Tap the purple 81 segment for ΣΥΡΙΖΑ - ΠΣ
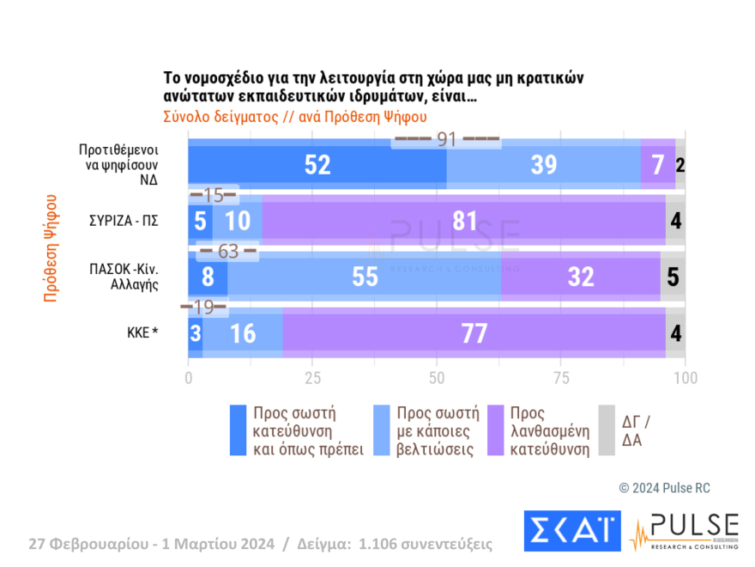464,221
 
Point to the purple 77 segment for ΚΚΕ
474,333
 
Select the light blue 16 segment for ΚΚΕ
243,333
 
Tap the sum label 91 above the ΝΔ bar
446,139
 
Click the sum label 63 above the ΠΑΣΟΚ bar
227,252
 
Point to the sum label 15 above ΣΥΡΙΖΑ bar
214,195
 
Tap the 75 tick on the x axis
561,377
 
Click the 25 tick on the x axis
312,377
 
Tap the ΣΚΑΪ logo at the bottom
571,533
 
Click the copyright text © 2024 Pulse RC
664,488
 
